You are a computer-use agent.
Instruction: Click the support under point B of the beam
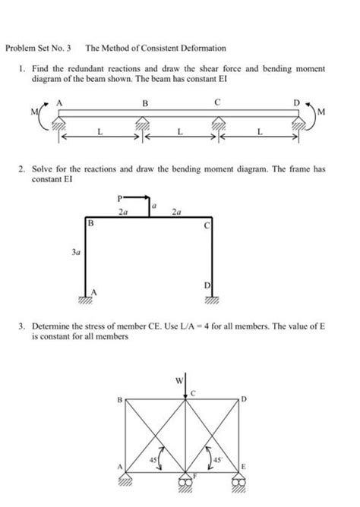click(x=142, y=122)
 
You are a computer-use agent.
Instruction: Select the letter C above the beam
click(x=217, y=101)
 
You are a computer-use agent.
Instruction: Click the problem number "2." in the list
click(x=24, y=170)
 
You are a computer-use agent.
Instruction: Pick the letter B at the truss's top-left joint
click(x=119, y=398)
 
